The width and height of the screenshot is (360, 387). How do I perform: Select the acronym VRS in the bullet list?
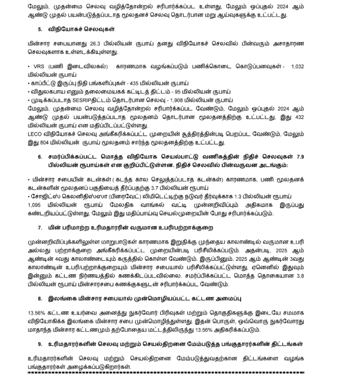[x=38, y=67]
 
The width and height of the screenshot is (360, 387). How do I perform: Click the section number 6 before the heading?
[x=40, y=157]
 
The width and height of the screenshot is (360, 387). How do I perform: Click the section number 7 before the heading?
[x=40, y=228]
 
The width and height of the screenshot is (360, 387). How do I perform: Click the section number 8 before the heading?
[x=40, y=298]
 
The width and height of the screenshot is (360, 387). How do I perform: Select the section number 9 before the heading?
[x=40, y=344]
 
